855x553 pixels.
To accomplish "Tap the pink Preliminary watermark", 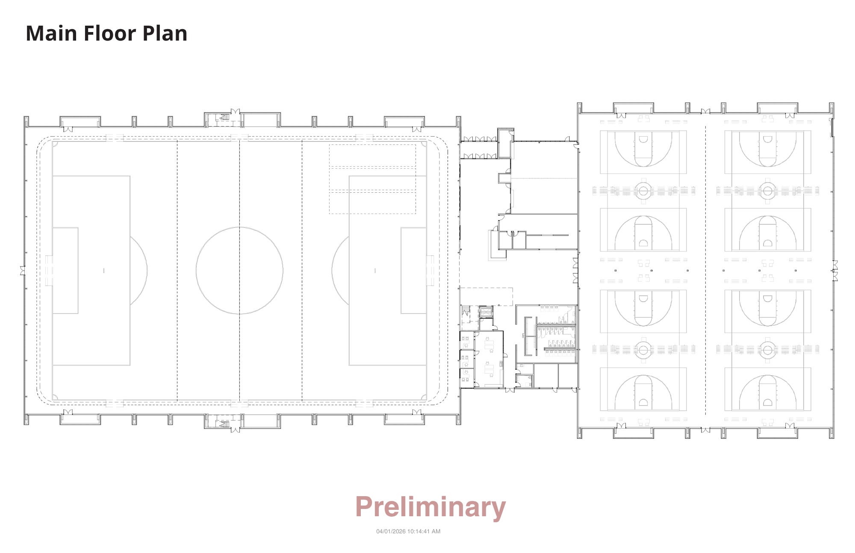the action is pyautogui.click(x=430, y=507).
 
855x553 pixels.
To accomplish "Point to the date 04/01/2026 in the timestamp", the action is pyautogui.click(x=391, y=531).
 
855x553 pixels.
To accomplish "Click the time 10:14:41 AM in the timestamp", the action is pyautogui.click(x=424, y=531).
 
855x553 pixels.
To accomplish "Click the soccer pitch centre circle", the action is pyautogui.click(x=239, y=271).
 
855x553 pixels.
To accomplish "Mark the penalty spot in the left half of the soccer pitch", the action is pyautogui.click(x=104, y=271).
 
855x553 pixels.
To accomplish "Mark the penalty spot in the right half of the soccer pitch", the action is pyautogui.click(x=375, y=271).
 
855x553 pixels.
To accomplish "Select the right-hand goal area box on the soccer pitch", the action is pyautogui.click(x=413, y=271).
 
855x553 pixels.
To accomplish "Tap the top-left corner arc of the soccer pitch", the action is pyautogui.click(x=54, y=143).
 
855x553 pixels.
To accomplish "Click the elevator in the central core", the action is pyautogui.click(x=486, y=312).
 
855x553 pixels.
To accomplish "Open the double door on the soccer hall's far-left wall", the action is pyautogui.click(x=23, y=271).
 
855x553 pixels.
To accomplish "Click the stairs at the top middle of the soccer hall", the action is pyautogui.click(x=224, y=117).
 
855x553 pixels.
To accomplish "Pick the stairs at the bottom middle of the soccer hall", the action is pyautogui.click(x=224, y=424).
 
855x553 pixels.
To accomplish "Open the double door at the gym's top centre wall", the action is pyautogui.click(x=705, y=112).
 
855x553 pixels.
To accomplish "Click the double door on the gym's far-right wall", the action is pyautogui.click(x=834, y=271).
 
